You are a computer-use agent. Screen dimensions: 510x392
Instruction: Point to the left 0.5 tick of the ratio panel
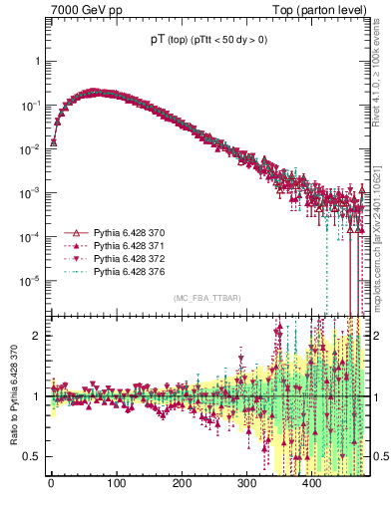tap(32, 456)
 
